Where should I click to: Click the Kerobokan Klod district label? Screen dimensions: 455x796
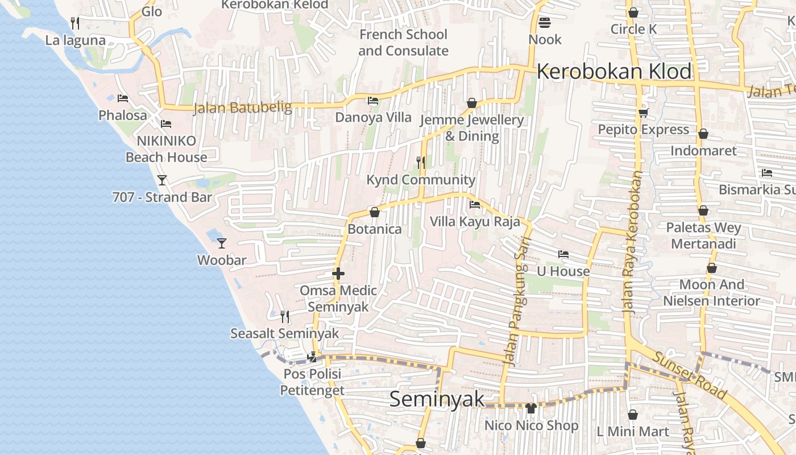coord(614,72)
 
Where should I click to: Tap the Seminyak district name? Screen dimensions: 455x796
coord(437,399)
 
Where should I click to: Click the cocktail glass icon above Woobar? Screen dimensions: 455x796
coord(222,243)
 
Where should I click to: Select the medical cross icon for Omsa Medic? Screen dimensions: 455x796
coord(338,274)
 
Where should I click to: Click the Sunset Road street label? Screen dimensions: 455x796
coord(690,375)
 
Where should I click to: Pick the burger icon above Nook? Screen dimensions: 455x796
coord(545,23)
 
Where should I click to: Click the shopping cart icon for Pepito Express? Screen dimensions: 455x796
coord(643,113)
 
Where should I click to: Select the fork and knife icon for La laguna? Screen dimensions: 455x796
coord(75,23)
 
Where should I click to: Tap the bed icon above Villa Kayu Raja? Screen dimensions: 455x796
coord(475,205)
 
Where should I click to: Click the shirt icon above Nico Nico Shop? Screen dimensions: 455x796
coord(531,408)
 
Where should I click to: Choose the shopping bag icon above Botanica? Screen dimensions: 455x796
coord(375,213)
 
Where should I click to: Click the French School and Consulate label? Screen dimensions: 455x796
coord(403,43)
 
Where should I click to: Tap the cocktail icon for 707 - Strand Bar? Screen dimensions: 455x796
coord(162,180)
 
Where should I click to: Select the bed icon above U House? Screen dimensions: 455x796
coord(563,254)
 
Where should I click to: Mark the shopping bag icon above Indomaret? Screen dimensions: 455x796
coord(703,134)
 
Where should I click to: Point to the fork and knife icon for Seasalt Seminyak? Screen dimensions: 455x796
coord(285,316)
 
